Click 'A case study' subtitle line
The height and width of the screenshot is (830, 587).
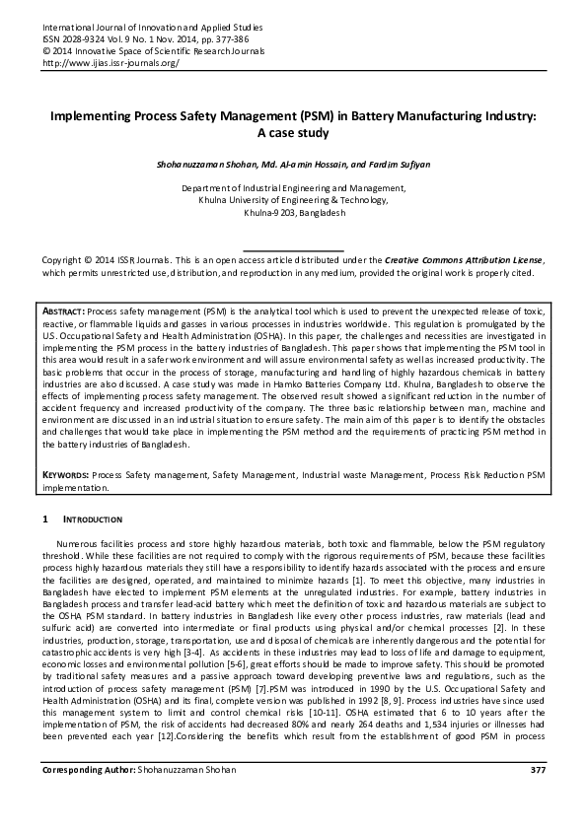coord(293,134)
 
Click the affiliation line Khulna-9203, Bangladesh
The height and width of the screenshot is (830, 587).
coord(293,213)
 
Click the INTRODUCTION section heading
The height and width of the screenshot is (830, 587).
coord(94,519)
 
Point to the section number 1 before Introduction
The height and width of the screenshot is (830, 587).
coord(44,519)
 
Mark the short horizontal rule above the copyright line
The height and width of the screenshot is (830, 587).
coord(293,249)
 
